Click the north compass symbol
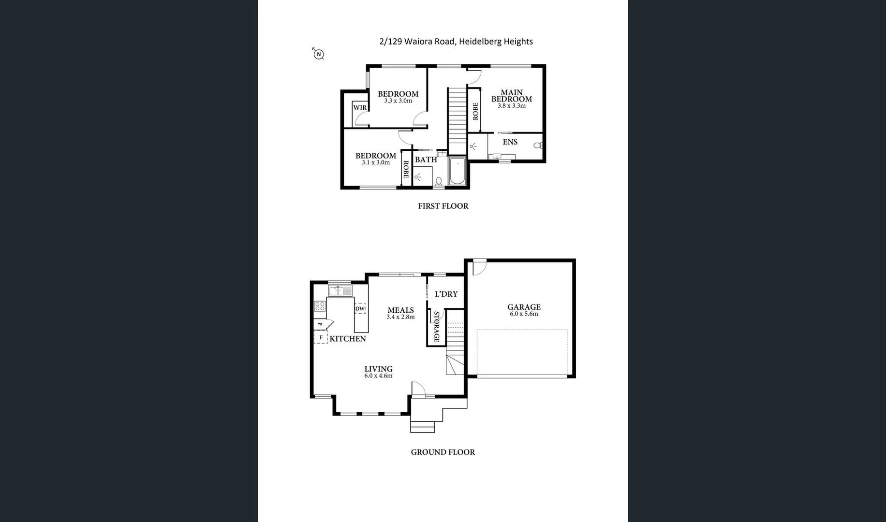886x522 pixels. click(318, 54)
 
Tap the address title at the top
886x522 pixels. click(456, 42)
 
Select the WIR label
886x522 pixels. click(359, 107)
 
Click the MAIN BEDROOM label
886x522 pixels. click(512, 95)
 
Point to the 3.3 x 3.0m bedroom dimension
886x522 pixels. click(398, 101)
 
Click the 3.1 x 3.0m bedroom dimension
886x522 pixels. click(376, 163)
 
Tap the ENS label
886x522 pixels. click(510, 142)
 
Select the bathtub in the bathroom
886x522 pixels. click(457, 171)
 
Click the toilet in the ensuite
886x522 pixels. click(537, 145)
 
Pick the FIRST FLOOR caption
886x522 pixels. click(443, 206)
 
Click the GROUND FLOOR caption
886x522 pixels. click(443, 452)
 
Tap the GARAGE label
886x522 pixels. click(524, 307)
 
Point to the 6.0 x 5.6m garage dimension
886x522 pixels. click(524, 314)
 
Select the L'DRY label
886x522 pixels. click(446, 294)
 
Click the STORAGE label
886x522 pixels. click(436, 327)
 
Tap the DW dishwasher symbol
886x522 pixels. click(360, 308)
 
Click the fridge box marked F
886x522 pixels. click(321, 337)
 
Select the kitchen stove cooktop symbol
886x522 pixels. click(320, 306)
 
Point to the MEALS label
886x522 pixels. click(400, 310)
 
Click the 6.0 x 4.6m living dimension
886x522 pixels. click(378, 376)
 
